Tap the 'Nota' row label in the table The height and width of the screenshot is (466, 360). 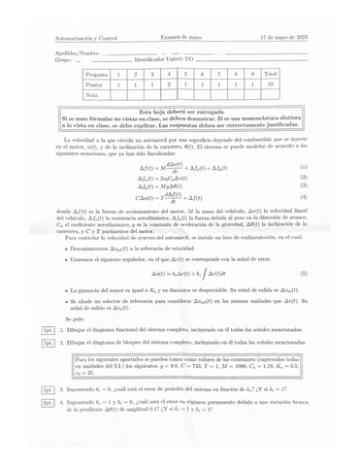(92, 96)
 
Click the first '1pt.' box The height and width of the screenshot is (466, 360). (48, 329)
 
